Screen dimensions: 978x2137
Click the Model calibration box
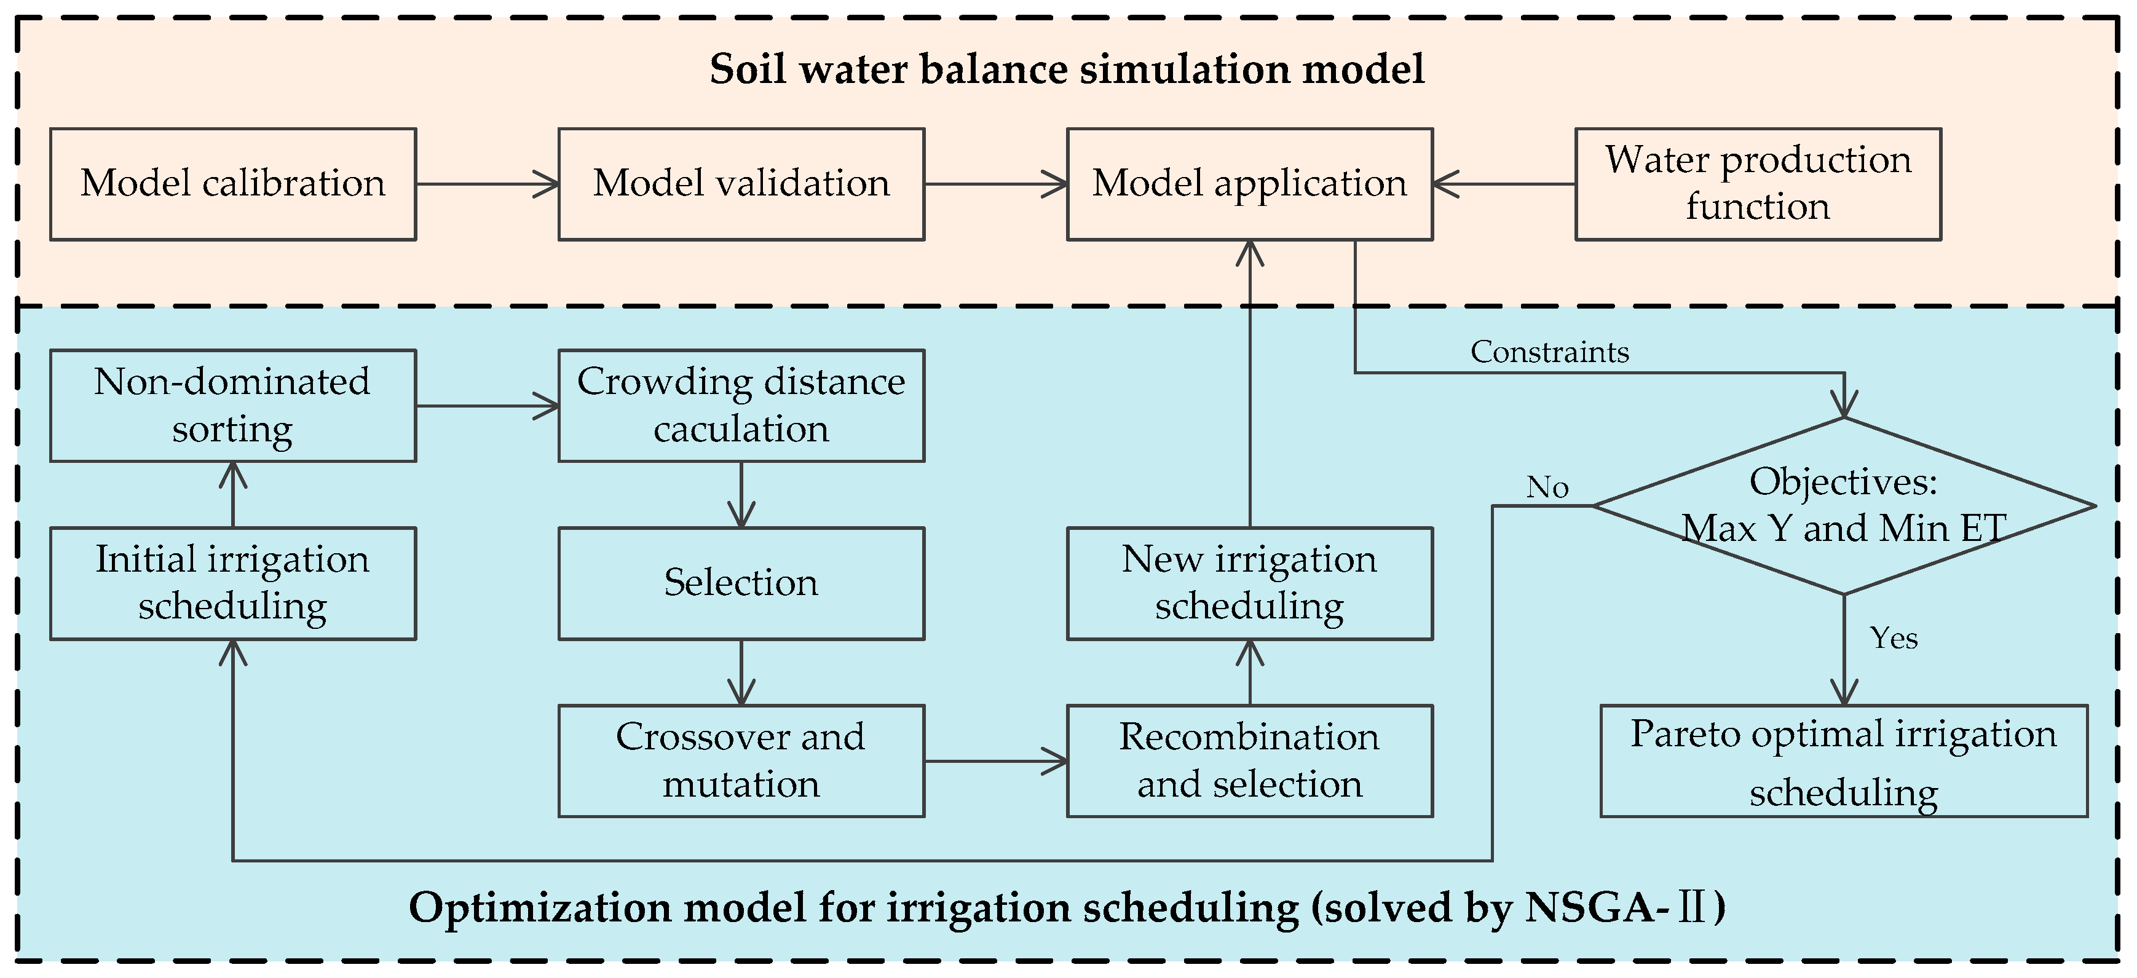pos(232,184)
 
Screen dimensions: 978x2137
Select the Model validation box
pos(741,184)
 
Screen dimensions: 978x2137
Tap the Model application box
pos(1249,184)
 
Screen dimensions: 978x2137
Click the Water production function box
pos(1757,184)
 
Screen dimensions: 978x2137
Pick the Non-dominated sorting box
pos(232,406)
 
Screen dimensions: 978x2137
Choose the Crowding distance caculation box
pos(741,406)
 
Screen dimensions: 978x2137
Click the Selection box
pos(741,583)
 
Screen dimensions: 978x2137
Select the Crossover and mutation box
pos(741,760)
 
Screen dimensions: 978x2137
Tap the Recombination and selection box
pos(1249,760)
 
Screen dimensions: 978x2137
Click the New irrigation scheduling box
pos(1249,583)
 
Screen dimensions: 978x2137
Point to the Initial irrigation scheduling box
pos(232,583)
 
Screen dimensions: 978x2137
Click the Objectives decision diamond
pos(1843,505)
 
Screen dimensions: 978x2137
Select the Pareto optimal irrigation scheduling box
pos(1843,760)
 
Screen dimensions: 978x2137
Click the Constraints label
pos(1549,353)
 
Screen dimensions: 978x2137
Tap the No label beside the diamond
pos(1547,487)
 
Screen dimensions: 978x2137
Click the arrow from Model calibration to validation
pos(487,184)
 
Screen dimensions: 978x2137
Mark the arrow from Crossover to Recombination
pos(995,760)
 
